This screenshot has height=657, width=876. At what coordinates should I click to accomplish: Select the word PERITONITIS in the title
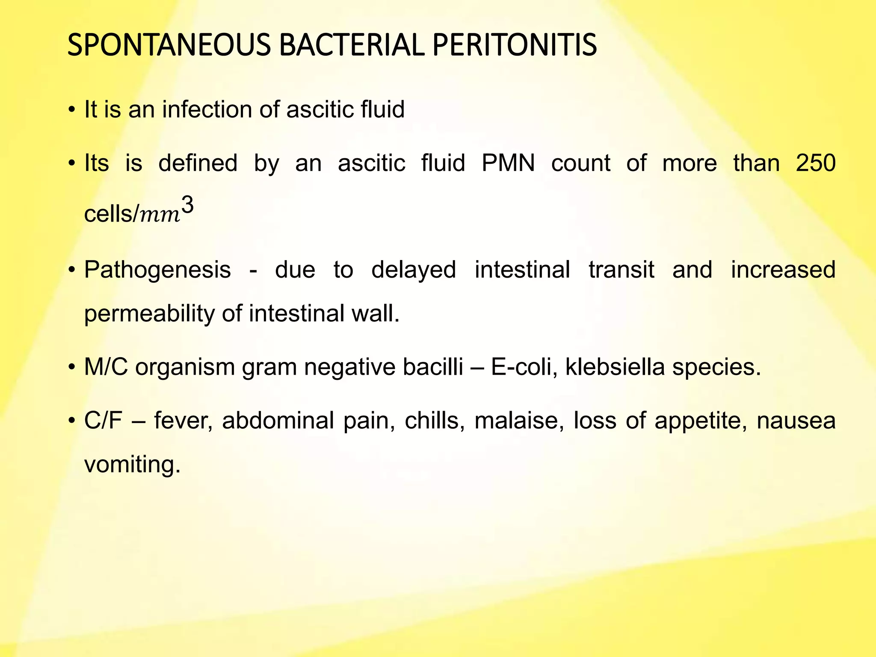pos(515,45)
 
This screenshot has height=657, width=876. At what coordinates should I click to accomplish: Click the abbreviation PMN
pos(508,163)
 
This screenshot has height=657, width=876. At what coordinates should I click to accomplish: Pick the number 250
pos(816,163)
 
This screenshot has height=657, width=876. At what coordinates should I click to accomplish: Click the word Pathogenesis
pos(157,270)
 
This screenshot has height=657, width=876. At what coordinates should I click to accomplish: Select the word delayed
pos(414,270)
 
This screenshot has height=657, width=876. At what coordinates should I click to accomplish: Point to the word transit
pos(621,270)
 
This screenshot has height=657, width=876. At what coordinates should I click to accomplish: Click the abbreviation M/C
pos(106,367)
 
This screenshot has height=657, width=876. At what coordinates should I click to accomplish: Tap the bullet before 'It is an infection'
pos(71,110)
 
